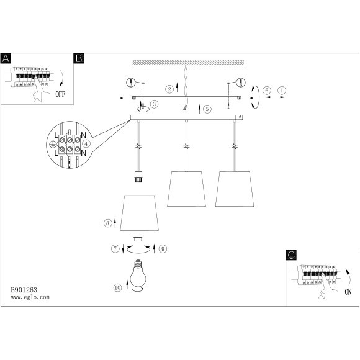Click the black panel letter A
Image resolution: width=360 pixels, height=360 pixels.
click(x=6, y=58)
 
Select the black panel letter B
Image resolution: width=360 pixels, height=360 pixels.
click(x=79, y=58)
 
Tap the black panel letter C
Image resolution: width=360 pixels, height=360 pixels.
click(x=291, y=255)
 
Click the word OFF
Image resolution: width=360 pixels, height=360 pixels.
click(x=60, y=94)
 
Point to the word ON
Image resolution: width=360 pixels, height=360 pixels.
click(x=348, y=292)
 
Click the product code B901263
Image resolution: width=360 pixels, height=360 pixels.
click(x=24, y=290)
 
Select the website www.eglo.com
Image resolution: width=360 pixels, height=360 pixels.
click(x=30, y=297)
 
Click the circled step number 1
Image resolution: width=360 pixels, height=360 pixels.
click(x=282, y=91)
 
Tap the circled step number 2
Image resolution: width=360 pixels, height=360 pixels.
click(x=169, y=89)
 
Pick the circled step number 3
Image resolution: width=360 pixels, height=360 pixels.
click(x=155, y=104)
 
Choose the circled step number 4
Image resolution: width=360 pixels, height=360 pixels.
click(x=86, y=144)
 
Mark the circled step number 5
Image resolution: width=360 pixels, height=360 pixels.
click(x=207, y=109)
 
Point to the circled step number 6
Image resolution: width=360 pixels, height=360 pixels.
click(x=267, y=91)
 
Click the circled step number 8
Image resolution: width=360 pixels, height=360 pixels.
click(x=107, y=223)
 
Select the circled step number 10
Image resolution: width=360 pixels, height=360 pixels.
click(x=117, y=287)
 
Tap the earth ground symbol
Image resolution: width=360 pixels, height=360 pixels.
click(x=53, y=144)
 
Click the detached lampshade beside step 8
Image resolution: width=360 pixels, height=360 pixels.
click(x=140, y=213)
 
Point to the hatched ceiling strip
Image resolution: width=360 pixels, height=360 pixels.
click(x=188, y=62)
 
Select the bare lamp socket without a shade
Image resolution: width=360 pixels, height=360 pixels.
click(x=138, y=176)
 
